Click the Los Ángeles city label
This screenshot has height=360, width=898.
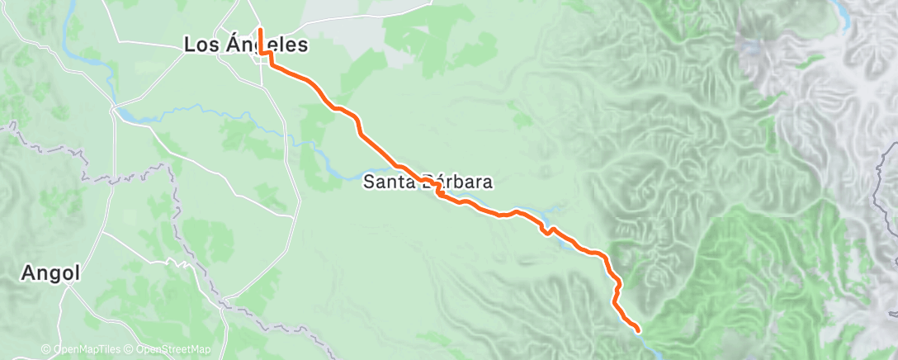click(x=245, y=46)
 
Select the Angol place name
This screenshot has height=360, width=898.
click(x=51, y=274)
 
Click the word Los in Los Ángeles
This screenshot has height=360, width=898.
click(x=198, y=46)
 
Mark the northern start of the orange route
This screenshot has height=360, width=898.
click(x=261, y=30)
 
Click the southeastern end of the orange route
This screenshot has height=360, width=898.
click(x=638, y=331)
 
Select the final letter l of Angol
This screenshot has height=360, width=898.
click(x=77, y=273)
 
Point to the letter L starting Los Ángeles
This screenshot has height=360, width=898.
click(x=189, y=46)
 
